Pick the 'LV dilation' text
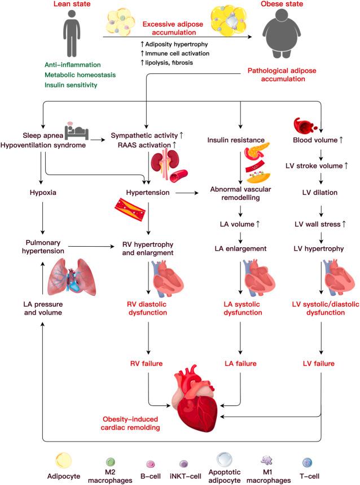tap(320, 193)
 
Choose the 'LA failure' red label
tap(241, 363)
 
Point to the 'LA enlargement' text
tap(241, 248)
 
